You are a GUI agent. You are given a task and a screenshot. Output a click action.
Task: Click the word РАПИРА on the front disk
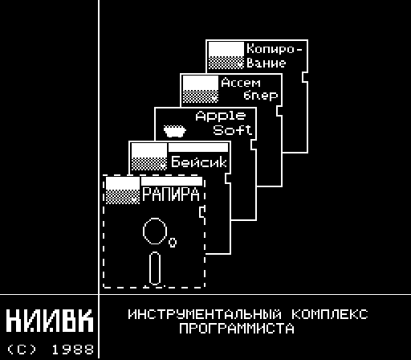pos(171,194)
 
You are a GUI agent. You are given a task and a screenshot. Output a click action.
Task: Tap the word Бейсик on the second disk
pos(199,162)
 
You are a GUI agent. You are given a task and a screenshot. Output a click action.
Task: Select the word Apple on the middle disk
pos(220,117)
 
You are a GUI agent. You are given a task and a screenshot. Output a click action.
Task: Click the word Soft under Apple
pos(232,130)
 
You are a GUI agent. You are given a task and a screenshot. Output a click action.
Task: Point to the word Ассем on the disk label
pos(241,83)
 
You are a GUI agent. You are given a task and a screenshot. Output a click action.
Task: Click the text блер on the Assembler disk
pos(260,96)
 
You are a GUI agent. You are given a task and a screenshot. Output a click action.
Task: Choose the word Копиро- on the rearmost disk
pos(275,48)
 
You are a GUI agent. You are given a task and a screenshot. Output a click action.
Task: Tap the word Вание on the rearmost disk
pos(267,63)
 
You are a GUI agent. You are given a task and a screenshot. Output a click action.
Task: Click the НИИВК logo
pos(50,321)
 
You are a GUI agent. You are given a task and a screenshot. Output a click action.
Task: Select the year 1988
pos(72,350)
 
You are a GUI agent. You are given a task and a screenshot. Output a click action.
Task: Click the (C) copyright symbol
pos(22,350)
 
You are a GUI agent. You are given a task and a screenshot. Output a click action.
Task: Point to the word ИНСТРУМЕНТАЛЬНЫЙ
pos(205,314)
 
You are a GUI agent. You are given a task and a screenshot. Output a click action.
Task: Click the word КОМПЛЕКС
pos(330,314)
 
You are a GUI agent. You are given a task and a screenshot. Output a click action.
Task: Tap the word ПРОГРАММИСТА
pos(237,329)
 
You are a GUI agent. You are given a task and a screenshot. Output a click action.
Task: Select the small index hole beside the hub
pos(173,242)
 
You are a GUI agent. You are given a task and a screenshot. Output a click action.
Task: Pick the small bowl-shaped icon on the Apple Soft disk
pos(175,131)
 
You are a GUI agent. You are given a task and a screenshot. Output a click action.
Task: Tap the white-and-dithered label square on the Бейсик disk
pos(149,157)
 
